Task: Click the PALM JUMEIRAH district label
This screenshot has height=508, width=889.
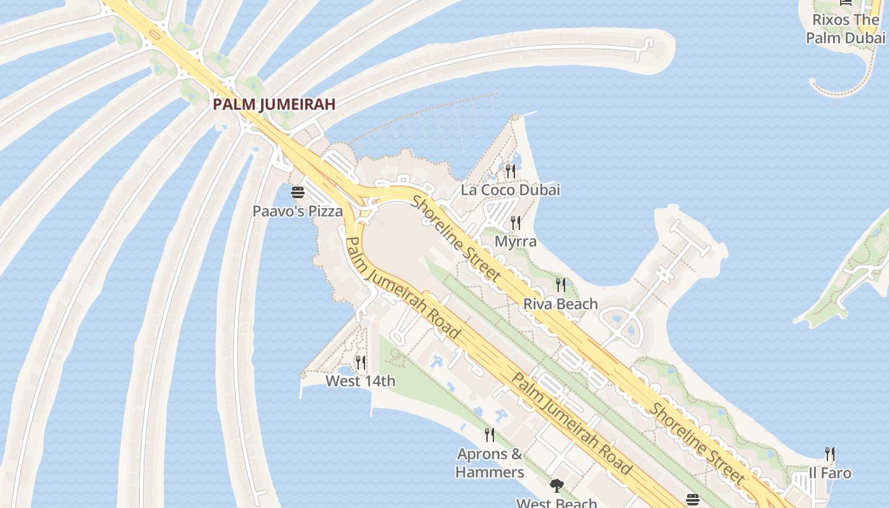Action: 274,104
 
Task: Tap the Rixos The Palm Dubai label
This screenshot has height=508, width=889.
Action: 845,29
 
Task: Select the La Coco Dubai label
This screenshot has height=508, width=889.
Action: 511,190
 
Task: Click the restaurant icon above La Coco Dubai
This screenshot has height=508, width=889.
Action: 511,171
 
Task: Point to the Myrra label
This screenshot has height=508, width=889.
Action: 516,242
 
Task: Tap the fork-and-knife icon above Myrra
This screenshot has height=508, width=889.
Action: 516,223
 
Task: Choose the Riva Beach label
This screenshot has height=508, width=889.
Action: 560,304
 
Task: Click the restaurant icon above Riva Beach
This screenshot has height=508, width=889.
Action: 560,285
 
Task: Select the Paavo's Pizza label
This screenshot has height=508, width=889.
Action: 298,211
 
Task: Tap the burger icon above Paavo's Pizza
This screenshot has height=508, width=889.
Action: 298,192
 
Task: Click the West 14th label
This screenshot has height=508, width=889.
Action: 360,381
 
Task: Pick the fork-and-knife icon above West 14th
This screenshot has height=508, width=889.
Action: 360,363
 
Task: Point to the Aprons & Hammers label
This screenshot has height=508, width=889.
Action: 490,463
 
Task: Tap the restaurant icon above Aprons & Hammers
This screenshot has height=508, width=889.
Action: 490,435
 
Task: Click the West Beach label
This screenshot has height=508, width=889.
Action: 556,503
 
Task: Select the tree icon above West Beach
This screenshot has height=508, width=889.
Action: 556,486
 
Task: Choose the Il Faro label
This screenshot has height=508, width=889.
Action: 830,473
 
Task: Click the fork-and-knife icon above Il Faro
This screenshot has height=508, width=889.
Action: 830,454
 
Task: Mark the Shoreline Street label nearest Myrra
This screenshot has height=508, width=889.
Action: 457,239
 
